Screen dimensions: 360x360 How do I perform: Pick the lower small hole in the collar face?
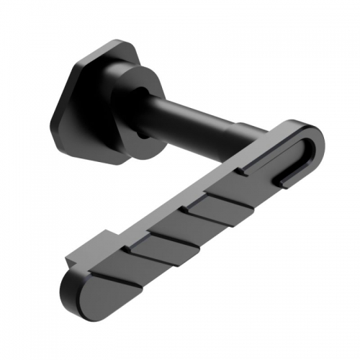[144, 133]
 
